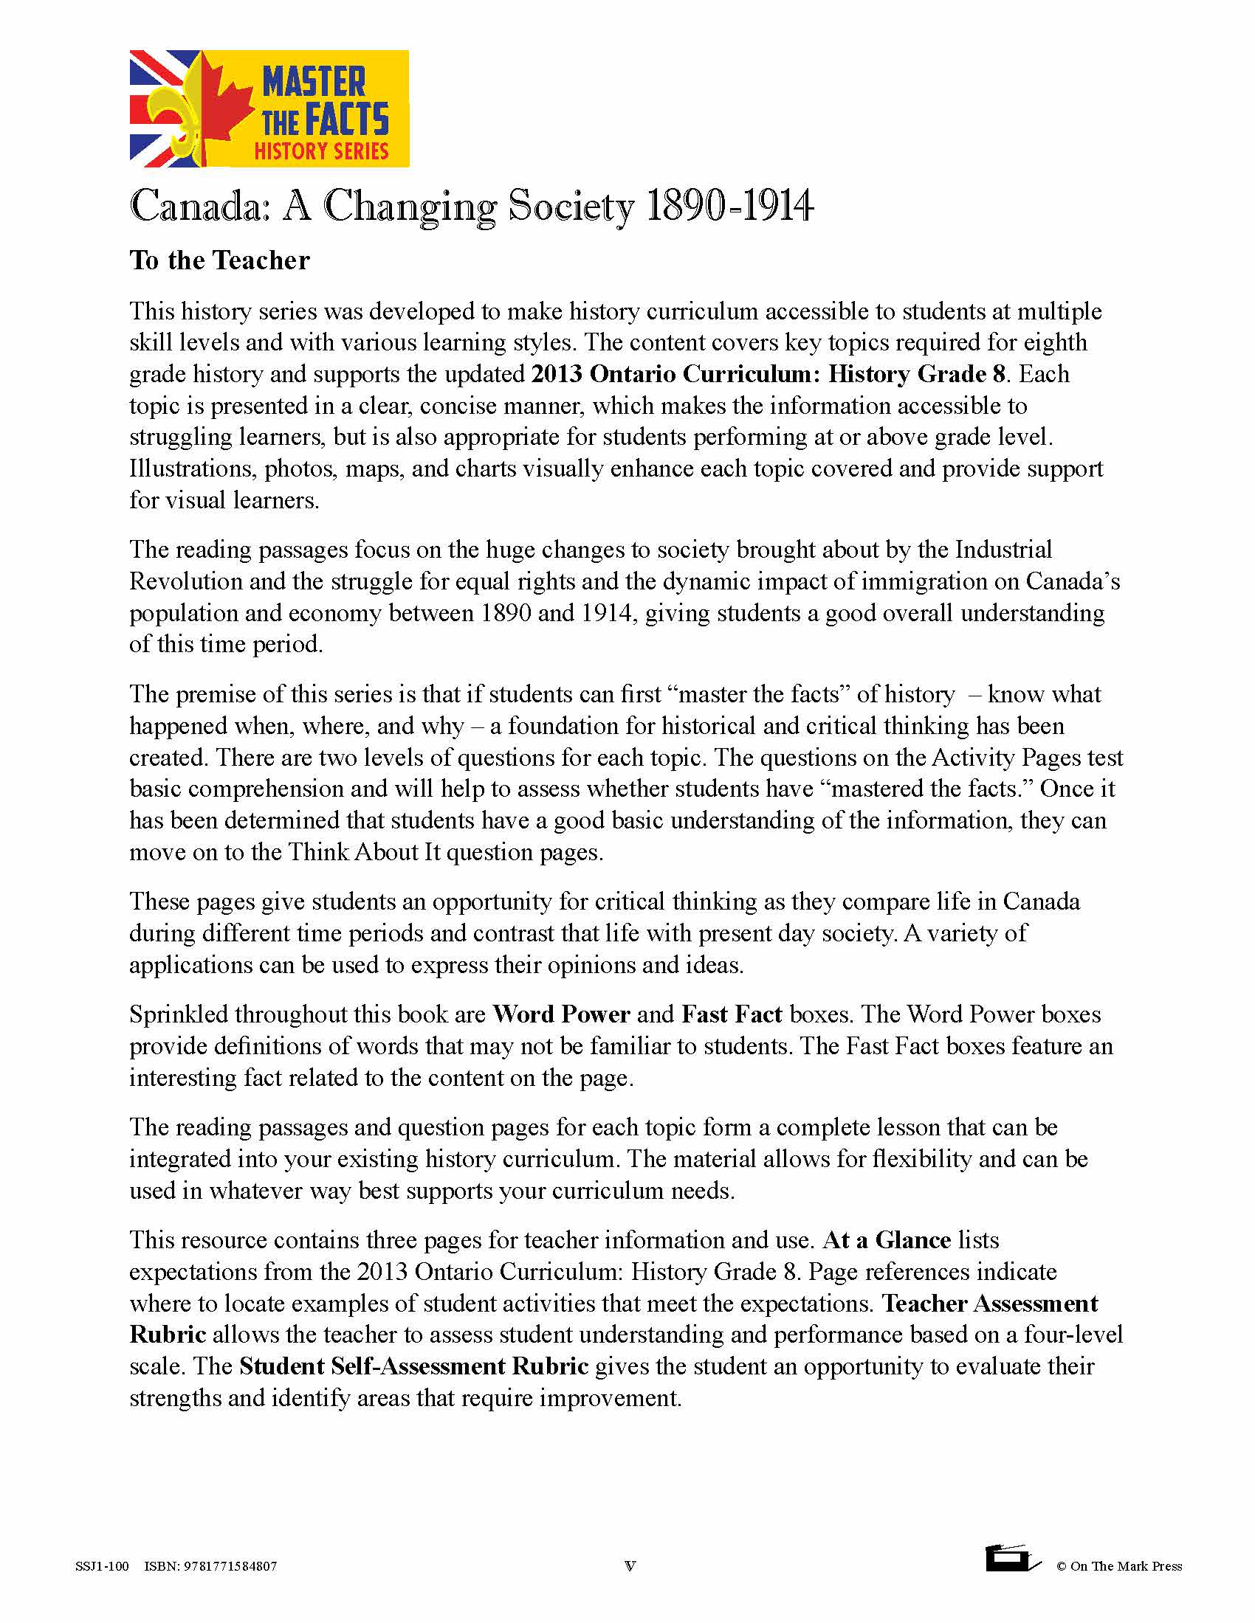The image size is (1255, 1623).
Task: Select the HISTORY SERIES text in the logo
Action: pos(321,150)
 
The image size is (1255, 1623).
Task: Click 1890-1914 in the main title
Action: pos(730,206)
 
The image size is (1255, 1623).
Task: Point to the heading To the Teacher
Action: pos(219,260)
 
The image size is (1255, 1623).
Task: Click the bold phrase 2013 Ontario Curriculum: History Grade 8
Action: pos(768,373)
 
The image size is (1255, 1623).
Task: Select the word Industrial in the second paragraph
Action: pos(1003,549)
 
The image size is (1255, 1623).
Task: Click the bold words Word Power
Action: pos(561,1014)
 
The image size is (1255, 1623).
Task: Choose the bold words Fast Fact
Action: pos(732,1014)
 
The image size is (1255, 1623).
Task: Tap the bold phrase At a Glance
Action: pos(886,1240)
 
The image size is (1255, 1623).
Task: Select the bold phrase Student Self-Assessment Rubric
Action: pos(413,1366)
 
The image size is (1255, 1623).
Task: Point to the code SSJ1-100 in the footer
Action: pos(102,1566)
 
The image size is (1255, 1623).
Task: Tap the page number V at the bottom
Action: pos(630,1566)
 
